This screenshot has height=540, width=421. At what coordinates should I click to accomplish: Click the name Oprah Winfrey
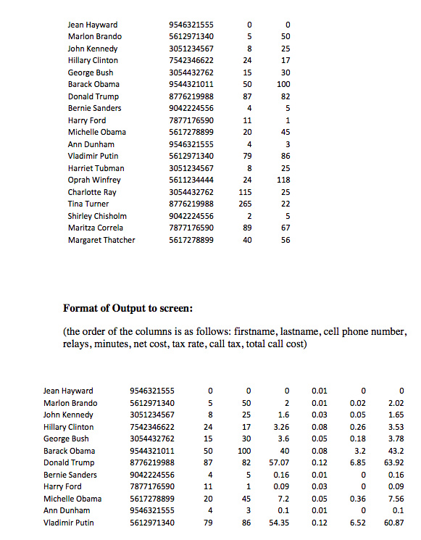[94, 180]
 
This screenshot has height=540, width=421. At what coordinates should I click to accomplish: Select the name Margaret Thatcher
[101, 240]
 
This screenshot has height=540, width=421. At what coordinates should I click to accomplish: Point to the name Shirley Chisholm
[97, 216]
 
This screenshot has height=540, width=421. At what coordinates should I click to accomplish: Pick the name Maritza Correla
[95, 228]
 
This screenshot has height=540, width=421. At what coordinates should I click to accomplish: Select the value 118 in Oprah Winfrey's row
[285, 180]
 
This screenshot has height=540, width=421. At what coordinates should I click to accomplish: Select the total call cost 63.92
[393, 462]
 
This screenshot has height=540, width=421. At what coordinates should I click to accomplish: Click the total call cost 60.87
[393, 523]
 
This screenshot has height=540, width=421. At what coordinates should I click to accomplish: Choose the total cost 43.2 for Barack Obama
[396, 451]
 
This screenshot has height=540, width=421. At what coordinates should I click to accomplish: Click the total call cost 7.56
[396, 499]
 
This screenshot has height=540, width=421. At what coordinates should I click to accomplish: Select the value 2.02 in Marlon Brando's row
[396, 403]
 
